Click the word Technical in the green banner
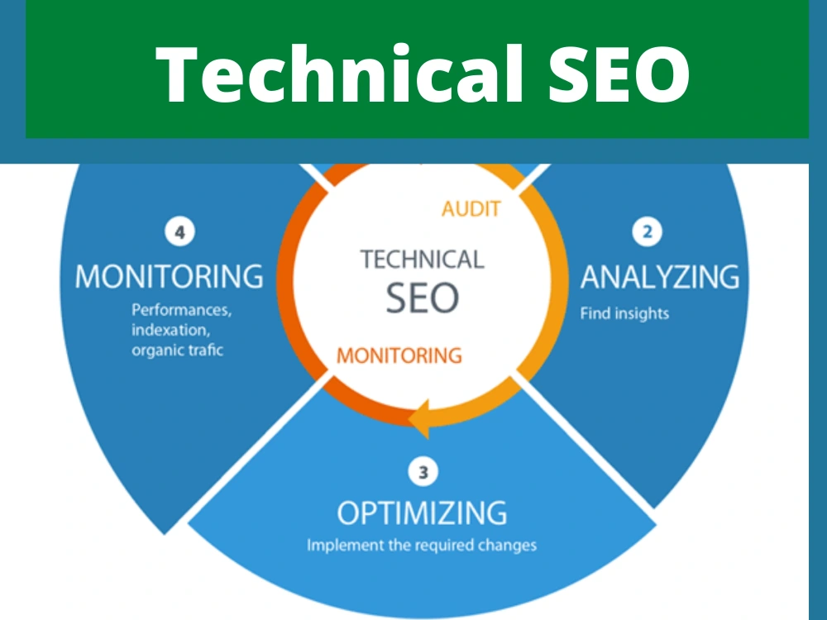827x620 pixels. tap(338, 74)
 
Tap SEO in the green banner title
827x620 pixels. tap(619, 74)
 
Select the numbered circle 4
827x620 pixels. tap(179, 232)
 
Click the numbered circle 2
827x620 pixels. tap(648, 231)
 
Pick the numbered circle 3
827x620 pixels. tap(423, 472)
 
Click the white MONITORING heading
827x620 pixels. tap(169, 276)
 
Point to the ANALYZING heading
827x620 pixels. tap(660, 277)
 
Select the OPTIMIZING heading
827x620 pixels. tap(422, 513)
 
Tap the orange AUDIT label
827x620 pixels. tap(471, 209)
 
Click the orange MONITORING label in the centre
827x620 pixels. tap(399, 355)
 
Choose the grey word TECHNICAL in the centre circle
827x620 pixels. tap(422, 260)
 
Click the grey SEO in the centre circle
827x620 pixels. tap(423, 298)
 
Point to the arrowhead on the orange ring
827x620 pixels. tap(420, 419)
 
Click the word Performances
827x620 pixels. tap(181, 310)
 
